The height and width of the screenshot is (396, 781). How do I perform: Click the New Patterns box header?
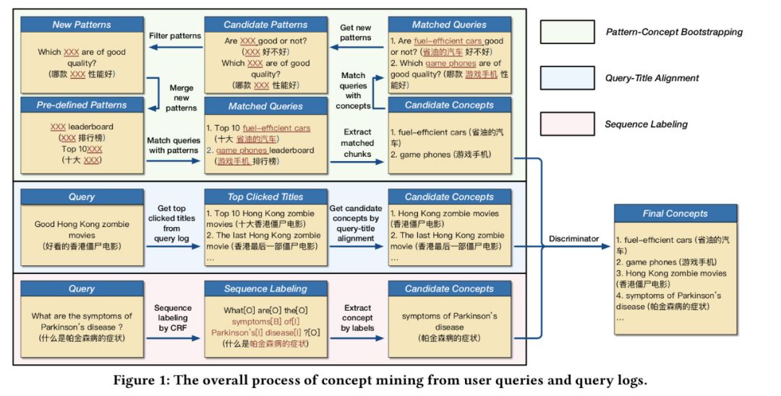point(81,25)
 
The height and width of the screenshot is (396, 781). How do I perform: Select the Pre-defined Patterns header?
point(81,106)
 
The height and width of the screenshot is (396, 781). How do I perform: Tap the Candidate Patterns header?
point(266,25)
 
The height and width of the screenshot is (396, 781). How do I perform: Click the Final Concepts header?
point(675,213)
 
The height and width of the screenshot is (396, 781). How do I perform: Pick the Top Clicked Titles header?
point(266,197)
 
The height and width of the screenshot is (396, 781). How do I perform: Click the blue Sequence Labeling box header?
point(266,289)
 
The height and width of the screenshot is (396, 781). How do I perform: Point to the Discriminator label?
point(573,238)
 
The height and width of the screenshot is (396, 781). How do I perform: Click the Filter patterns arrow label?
point(174,35)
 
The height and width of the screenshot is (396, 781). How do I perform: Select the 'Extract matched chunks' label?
point(358,143)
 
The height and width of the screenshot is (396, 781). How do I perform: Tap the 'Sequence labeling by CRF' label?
point(174,317)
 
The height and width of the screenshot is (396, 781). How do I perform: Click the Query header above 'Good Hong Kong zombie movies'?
point(81,197)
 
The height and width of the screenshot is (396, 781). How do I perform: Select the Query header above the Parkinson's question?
point(81,289)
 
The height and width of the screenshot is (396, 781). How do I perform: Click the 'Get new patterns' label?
point(356,33)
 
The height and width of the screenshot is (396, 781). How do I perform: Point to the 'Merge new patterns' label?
point(181,97)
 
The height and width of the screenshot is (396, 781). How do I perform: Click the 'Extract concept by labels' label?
point(358,317)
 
